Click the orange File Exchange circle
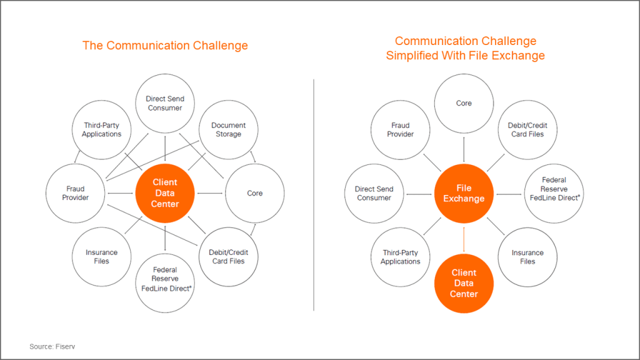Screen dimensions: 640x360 pos(464,194)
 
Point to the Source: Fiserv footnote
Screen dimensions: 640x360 pos(52,346)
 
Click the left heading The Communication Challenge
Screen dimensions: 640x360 pos(165,45)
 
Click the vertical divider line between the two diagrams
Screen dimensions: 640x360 pos(314,195)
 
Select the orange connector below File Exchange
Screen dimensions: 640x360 pos(464,239)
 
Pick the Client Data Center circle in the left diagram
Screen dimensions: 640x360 pos(165,193)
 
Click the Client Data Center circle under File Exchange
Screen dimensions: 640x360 pos(464,283)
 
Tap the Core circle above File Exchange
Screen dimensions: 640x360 pos(464,103)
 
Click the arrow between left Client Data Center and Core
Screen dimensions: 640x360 pos(210,193)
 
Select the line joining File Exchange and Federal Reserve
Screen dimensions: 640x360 pos(509,194)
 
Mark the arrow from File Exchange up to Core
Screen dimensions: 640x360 pos(464,149)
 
